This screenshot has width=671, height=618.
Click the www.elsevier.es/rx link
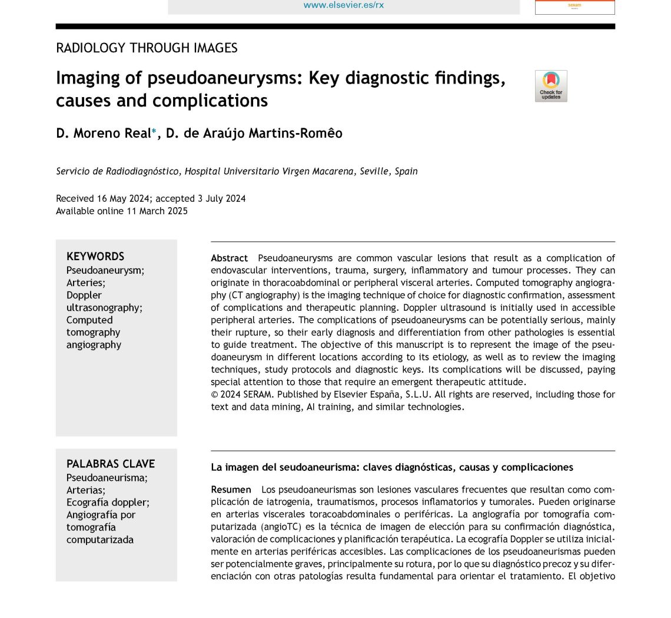click(x=343, y=5)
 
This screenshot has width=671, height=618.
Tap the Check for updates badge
click(x=551, y=86)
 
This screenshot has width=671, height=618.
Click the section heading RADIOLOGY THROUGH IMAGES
click(x=147, y=48)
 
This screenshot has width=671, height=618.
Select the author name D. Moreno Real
click(x=104, y=134)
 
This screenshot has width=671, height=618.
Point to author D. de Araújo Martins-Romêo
click(x=254, y=134)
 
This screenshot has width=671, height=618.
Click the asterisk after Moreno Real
click(x=154, y=132)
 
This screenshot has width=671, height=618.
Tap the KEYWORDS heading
click(x=95, y=257)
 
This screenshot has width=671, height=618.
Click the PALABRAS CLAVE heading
click(x=111, y=464)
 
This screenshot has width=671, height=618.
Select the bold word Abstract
click(x=230, y=258)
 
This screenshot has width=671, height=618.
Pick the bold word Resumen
click(x=231, y=490)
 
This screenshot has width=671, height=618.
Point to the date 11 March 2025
click(x=157, y=211)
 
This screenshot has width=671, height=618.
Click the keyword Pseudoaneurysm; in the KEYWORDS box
click(x=105, y=270)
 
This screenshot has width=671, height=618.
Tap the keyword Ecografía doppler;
click(x=108, y=502)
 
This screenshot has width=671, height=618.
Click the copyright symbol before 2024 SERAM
click(x=215, y=394)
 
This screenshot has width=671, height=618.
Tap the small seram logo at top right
click(x=574, y=6)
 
